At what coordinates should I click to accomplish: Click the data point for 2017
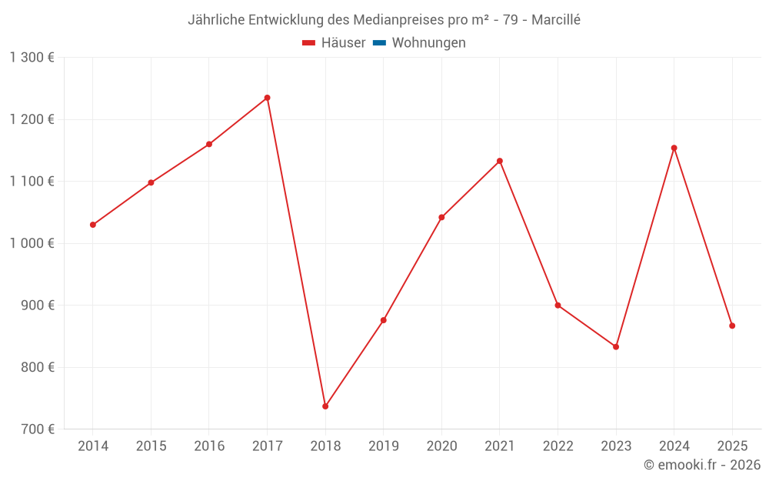pyautogui.click(x=267, y=98)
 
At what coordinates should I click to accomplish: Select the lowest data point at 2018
pyautogui.click(x=325, y=406)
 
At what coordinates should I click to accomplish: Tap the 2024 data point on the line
pyautogui.click(x=674, y=148)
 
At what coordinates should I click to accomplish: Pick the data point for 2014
pyautogui.click(x=93, y=225)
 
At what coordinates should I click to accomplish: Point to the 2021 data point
pyautogui.click(x=500, y=161)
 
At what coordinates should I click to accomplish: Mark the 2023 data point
pyautogui.click(x=616, y=346)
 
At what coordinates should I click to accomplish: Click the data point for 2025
pyautogui.click(x=732, y=326)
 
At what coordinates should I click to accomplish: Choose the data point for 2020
pyautogui.click(x=441, y=217)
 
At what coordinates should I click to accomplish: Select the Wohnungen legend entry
pyautogui.click(x=428, y=43)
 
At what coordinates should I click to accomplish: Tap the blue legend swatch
pyautogui.click(x=379, y=43)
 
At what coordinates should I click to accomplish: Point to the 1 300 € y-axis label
pyautogui.click(x=32, y=58)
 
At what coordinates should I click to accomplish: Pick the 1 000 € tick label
pyautogui.click(x=32, y=243)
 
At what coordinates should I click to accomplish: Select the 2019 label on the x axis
pyautogui.click(x=384, y=446)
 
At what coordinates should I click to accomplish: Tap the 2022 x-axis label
pyautogui.click(x=558, y=446)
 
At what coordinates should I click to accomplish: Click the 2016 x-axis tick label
pyautogui.click(x=209, y=446)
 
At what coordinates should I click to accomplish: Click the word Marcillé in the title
pyautogui.click(x=556, y=20)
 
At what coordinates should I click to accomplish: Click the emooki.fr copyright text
pyautogui.click(x=702, y=465)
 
